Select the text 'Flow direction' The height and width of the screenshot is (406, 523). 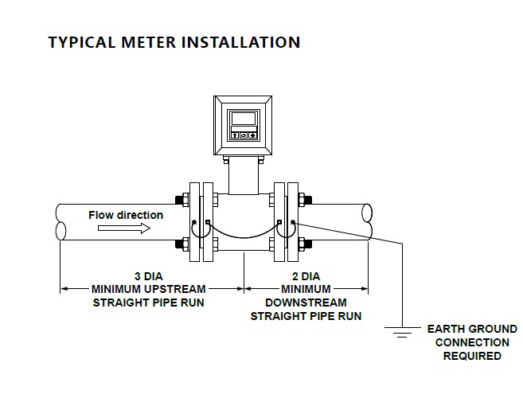126,215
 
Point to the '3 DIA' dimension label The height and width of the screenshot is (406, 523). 149,275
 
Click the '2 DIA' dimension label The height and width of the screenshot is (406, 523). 306,275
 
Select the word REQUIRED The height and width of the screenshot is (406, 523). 472,356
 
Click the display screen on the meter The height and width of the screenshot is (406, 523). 242,119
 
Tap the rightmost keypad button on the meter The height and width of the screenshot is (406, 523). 253,135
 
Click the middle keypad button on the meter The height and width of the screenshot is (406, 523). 244,135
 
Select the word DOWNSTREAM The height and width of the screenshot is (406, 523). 306,302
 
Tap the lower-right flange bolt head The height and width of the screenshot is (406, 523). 309,244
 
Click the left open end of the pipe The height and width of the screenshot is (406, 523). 61,222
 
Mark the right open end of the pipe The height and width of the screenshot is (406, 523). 367,222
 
